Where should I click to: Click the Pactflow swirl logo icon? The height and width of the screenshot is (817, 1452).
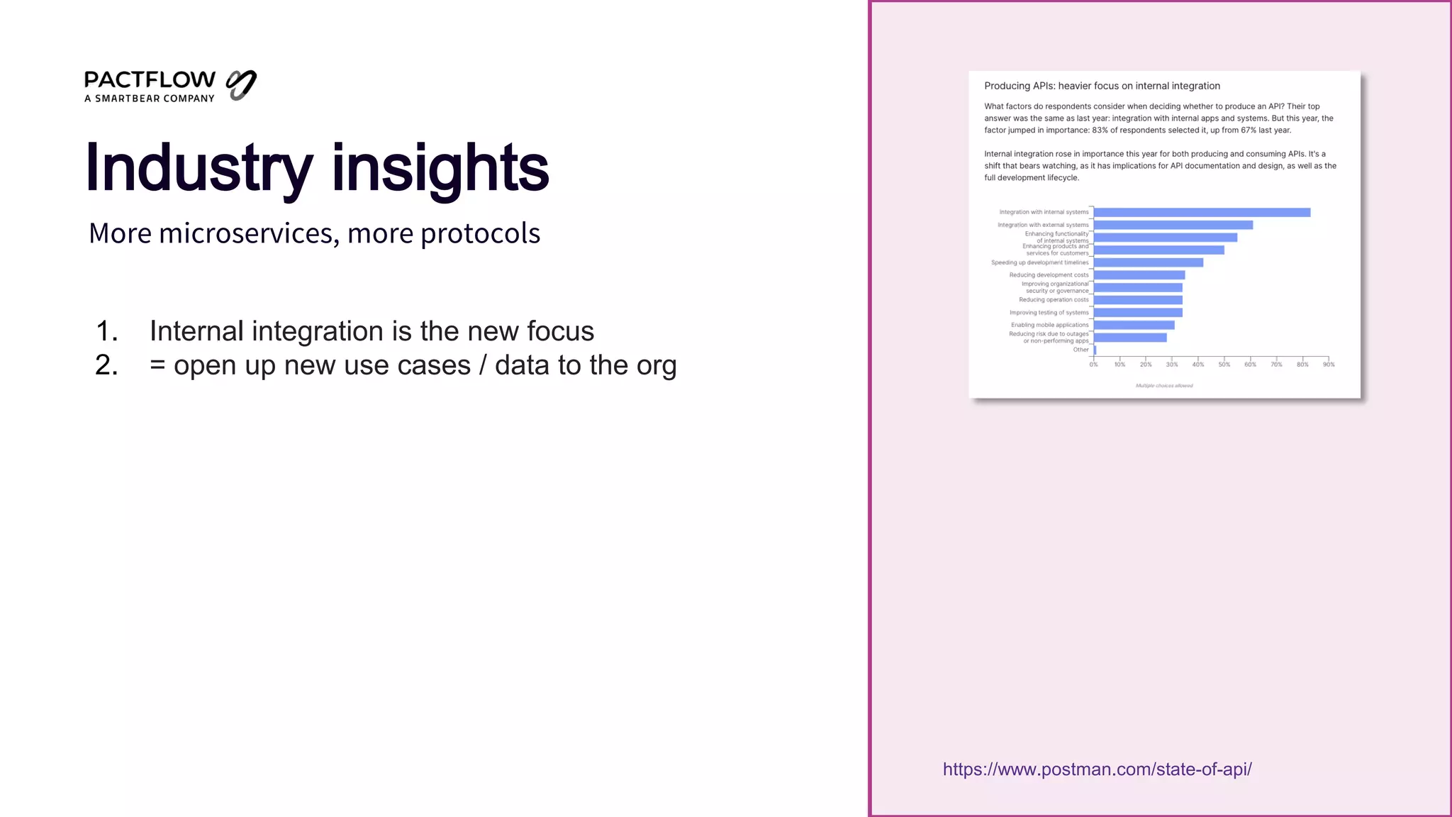(241, 85)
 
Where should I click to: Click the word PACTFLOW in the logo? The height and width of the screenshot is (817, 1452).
(150, 79)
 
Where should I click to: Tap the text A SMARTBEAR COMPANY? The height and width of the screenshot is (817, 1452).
(149, 99)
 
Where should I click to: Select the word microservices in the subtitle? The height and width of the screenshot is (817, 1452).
(245, 233)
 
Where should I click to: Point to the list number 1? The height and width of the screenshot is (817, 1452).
(106, 331)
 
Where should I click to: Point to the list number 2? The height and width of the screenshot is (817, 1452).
(106, 365)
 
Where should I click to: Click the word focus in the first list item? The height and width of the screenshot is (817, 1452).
(559, 331)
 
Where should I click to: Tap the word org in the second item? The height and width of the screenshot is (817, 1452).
(656, 365)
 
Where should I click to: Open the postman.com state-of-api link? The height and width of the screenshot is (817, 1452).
(1097, 769)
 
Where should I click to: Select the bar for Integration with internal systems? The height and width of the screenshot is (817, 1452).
(1202, 212)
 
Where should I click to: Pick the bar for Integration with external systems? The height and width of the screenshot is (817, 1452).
(1173, 225)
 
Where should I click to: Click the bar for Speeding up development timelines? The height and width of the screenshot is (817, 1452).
(1148, 262)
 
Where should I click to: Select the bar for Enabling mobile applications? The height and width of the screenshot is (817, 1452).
(1134, 325)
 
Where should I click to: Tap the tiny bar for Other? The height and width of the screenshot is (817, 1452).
(1095, 350)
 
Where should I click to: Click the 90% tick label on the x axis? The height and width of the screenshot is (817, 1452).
(1329, 365)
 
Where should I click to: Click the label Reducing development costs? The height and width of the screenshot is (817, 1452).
(1049, 275)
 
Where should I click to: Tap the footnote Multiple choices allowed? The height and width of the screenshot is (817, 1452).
(1164, 386)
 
